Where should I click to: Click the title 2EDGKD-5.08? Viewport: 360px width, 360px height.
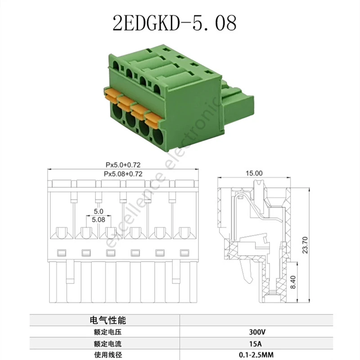(x=175, y=23)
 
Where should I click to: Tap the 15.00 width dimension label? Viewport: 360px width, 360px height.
(x=254, y=173)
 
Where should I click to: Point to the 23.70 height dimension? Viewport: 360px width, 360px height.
(x=305, y=245)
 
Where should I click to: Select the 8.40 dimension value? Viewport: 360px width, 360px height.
(x=293, y=282)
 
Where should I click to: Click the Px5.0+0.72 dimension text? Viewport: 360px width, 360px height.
(x=123, y=165)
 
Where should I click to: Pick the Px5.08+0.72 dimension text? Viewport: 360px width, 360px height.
(x=123, y=174)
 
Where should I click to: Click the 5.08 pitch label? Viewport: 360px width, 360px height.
(x=99, y=220)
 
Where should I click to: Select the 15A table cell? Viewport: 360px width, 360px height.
(x=256, y=344)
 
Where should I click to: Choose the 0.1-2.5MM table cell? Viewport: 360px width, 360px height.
(x=256, y=355)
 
